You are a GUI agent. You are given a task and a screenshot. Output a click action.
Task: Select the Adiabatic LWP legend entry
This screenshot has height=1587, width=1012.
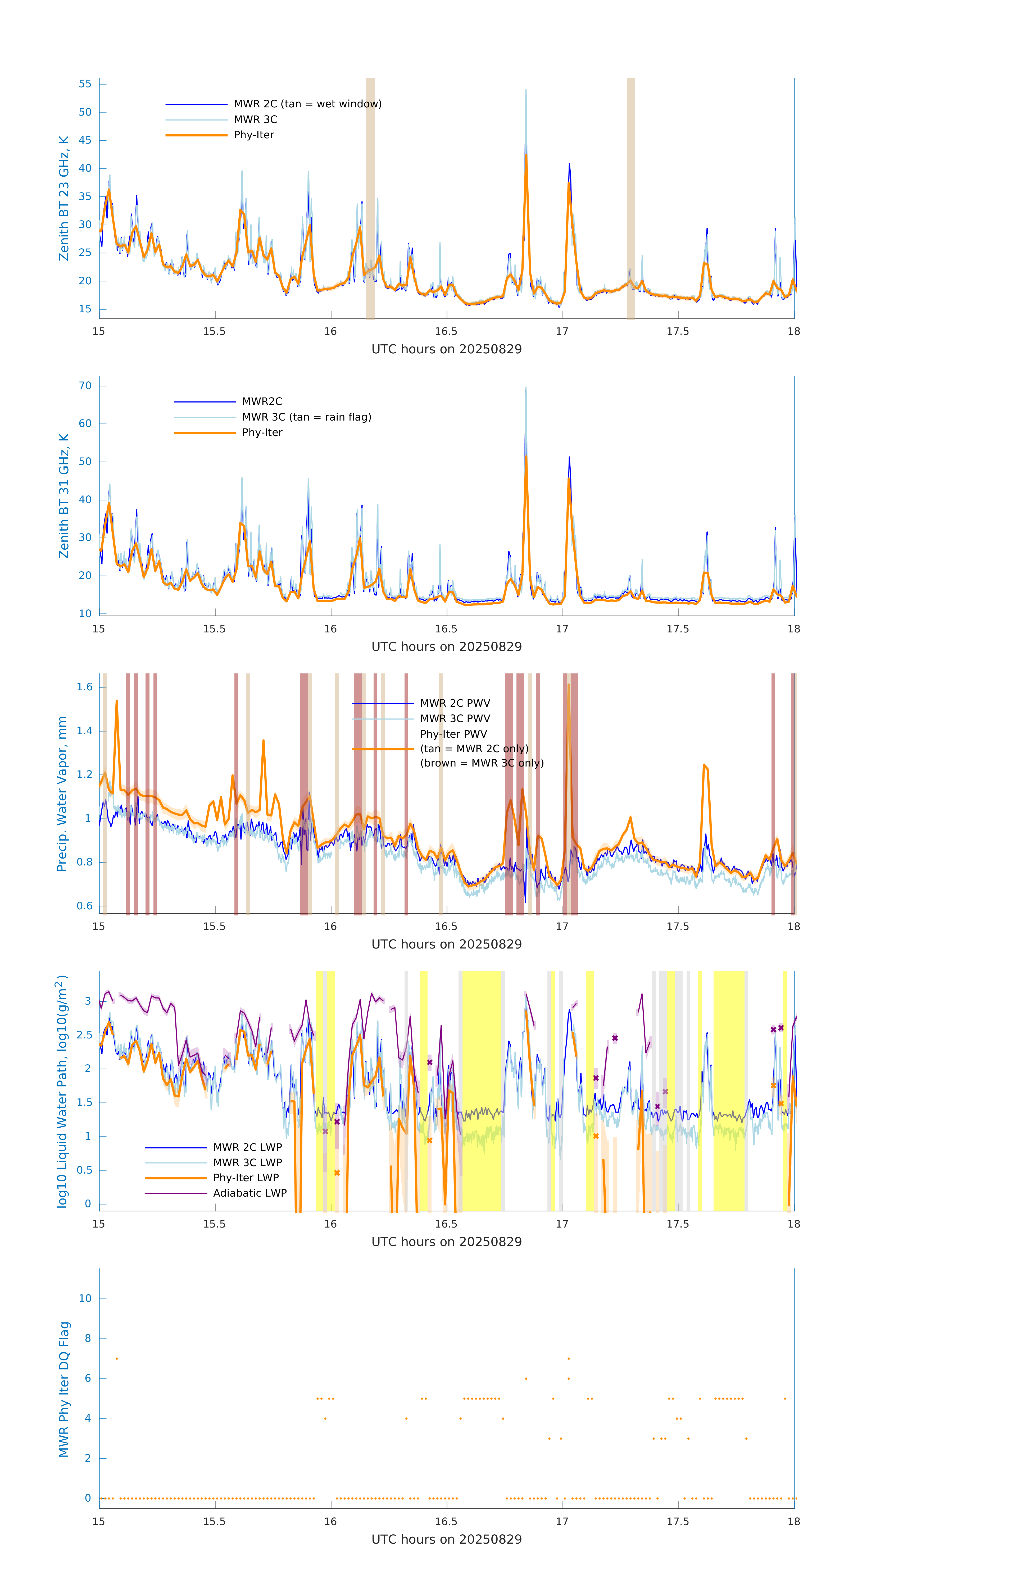(x=249, y=1193)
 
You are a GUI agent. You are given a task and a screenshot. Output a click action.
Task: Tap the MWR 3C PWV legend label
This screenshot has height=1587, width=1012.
(x=455, y=718)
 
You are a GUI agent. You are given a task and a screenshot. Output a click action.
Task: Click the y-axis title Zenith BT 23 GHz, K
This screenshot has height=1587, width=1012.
(x=64, y=198)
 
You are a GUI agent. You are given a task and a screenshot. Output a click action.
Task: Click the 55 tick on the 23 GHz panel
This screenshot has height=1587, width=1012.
(x=85, y=84)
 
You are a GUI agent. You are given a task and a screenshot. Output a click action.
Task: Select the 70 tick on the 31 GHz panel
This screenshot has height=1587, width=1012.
(x=85, y=386)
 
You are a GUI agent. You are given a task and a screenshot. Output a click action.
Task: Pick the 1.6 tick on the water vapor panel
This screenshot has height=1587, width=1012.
(x=84, y=687)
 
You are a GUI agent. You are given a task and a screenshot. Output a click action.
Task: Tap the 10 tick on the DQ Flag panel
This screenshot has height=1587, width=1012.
(x=85, y=1298)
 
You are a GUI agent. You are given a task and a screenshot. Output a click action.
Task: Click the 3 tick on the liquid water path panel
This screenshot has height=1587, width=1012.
(x=88, y=1000)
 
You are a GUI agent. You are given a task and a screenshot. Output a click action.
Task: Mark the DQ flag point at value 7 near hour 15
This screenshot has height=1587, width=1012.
(x=117, y=1358)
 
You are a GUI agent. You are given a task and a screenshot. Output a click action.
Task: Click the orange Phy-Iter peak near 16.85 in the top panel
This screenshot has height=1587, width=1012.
(x=526, y=156)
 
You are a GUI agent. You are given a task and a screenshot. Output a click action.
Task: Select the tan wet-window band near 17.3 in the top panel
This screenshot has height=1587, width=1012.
(x=631, y=198)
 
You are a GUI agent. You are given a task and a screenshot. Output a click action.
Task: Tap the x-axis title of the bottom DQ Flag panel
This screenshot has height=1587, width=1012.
(x=446, y=1540)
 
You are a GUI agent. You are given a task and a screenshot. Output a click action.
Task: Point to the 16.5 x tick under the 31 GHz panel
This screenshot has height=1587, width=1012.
(x=446, y=629)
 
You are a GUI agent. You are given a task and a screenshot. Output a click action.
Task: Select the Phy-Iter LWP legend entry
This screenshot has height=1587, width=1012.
(x=245, y=1178)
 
